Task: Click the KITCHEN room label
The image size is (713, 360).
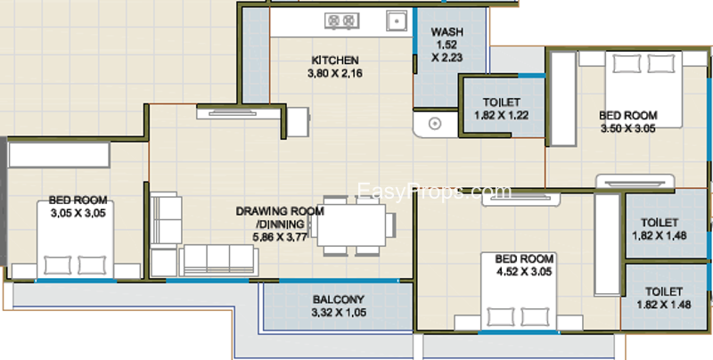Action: [x=335, y=60]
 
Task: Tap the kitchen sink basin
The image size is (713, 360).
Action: [x=397, y=20]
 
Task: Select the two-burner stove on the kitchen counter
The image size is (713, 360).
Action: [x=342, y=20]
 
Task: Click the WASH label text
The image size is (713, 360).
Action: [x=447, y=32]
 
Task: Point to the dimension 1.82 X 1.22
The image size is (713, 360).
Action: [x=502, y=116]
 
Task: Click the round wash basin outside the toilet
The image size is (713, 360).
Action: [x=435, y=123]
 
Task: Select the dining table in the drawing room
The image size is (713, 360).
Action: [x=351, y=225]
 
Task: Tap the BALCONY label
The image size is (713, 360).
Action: [x=339, y=299]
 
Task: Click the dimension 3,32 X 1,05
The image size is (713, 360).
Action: [x=339, y=313]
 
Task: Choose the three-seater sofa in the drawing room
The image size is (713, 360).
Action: [x=218, y=260]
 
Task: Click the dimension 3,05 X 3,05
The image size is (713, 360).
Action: [x=78, y=213]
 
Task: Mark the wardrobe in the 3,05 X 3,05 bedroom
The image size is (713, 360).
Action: [x=59, y=155]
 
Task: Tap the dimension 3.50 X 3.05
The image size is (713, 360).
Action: [x=628, y=128]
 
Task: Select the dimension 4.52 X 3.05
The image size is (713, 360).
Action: [x=524, y=272]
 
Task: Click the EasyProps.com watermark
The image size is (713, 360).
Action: [x=434, y=192]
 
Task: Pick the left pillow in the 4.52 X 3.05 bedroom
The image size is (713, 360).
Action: [x=501, y=317]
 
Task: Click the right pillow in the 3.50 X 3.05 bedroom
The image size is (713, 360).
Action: [x=660, y=63]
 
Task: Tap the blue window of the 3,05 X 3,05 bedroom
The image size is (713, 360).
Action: [x=76, y=281]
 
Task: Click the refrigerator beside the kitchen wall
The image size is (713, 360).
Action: [x=299, y=122]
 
